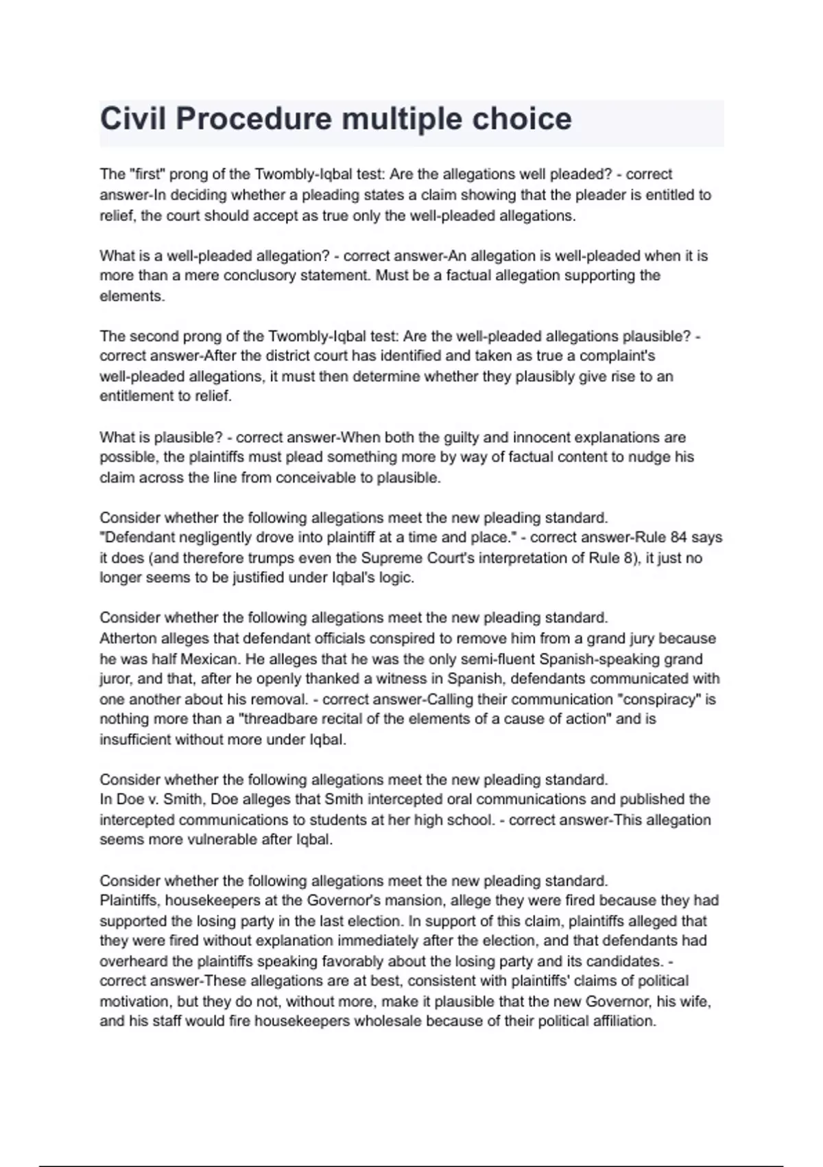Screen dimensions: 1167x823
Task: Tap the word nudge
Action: coord(639,457)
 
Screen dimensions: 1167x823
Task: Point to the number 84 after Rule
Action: coord(678,538)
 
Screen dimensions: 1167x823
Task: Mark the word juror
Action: coord(116,679)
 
